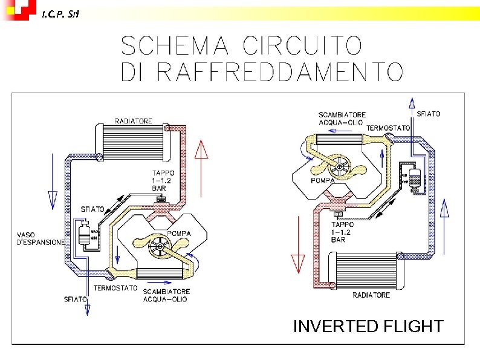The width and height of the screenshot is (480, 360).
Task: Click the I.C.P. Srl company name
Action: coord(60,13)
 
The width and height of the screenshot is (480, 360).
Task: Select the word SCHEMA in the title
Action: coord(175,45)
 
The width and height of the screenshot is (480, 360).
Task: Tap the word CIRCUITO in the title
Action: coord(302,45)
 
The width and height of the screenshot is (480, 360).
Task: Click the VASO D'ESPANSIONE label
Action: coord(40,238)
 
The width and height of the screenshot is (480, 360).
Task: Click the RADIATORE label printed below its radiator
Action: coord(371,295)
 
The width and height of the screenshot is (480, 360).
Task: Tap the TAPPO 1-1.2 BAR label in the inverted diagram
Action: coord(343,232)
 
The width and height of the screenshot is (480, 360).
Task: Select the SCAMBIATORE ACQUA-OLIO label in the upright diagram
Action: coord(166,295)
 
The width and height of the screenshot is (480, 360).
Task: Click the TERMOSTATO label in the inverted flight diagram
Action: coord(388,128)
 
